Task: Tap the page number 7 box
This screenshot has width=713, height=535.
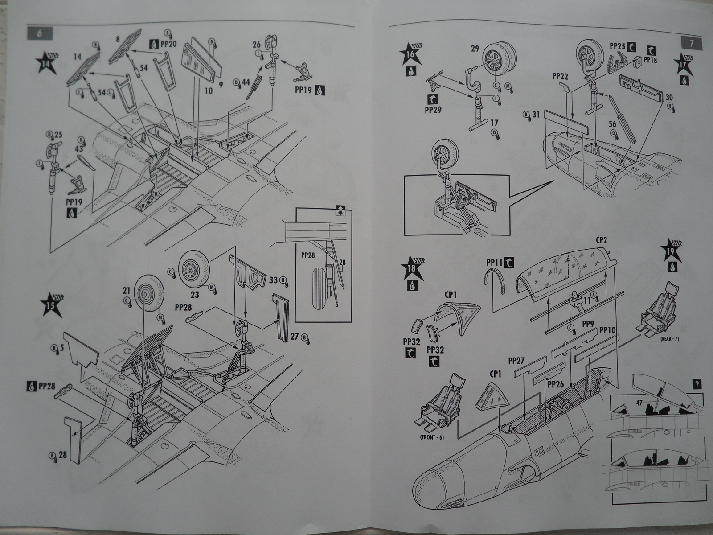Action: [x=692, y=43]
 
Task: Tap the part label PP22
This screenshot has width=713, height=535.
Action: [x=560, y=77]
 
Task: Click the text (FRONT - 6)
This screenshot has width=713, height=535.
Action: [x=431, y=437]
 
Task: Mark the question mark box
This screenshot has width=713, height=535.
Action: [x=698, y=384]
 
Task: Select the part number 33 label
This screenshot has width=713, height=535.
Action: [x=275, y=281]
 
